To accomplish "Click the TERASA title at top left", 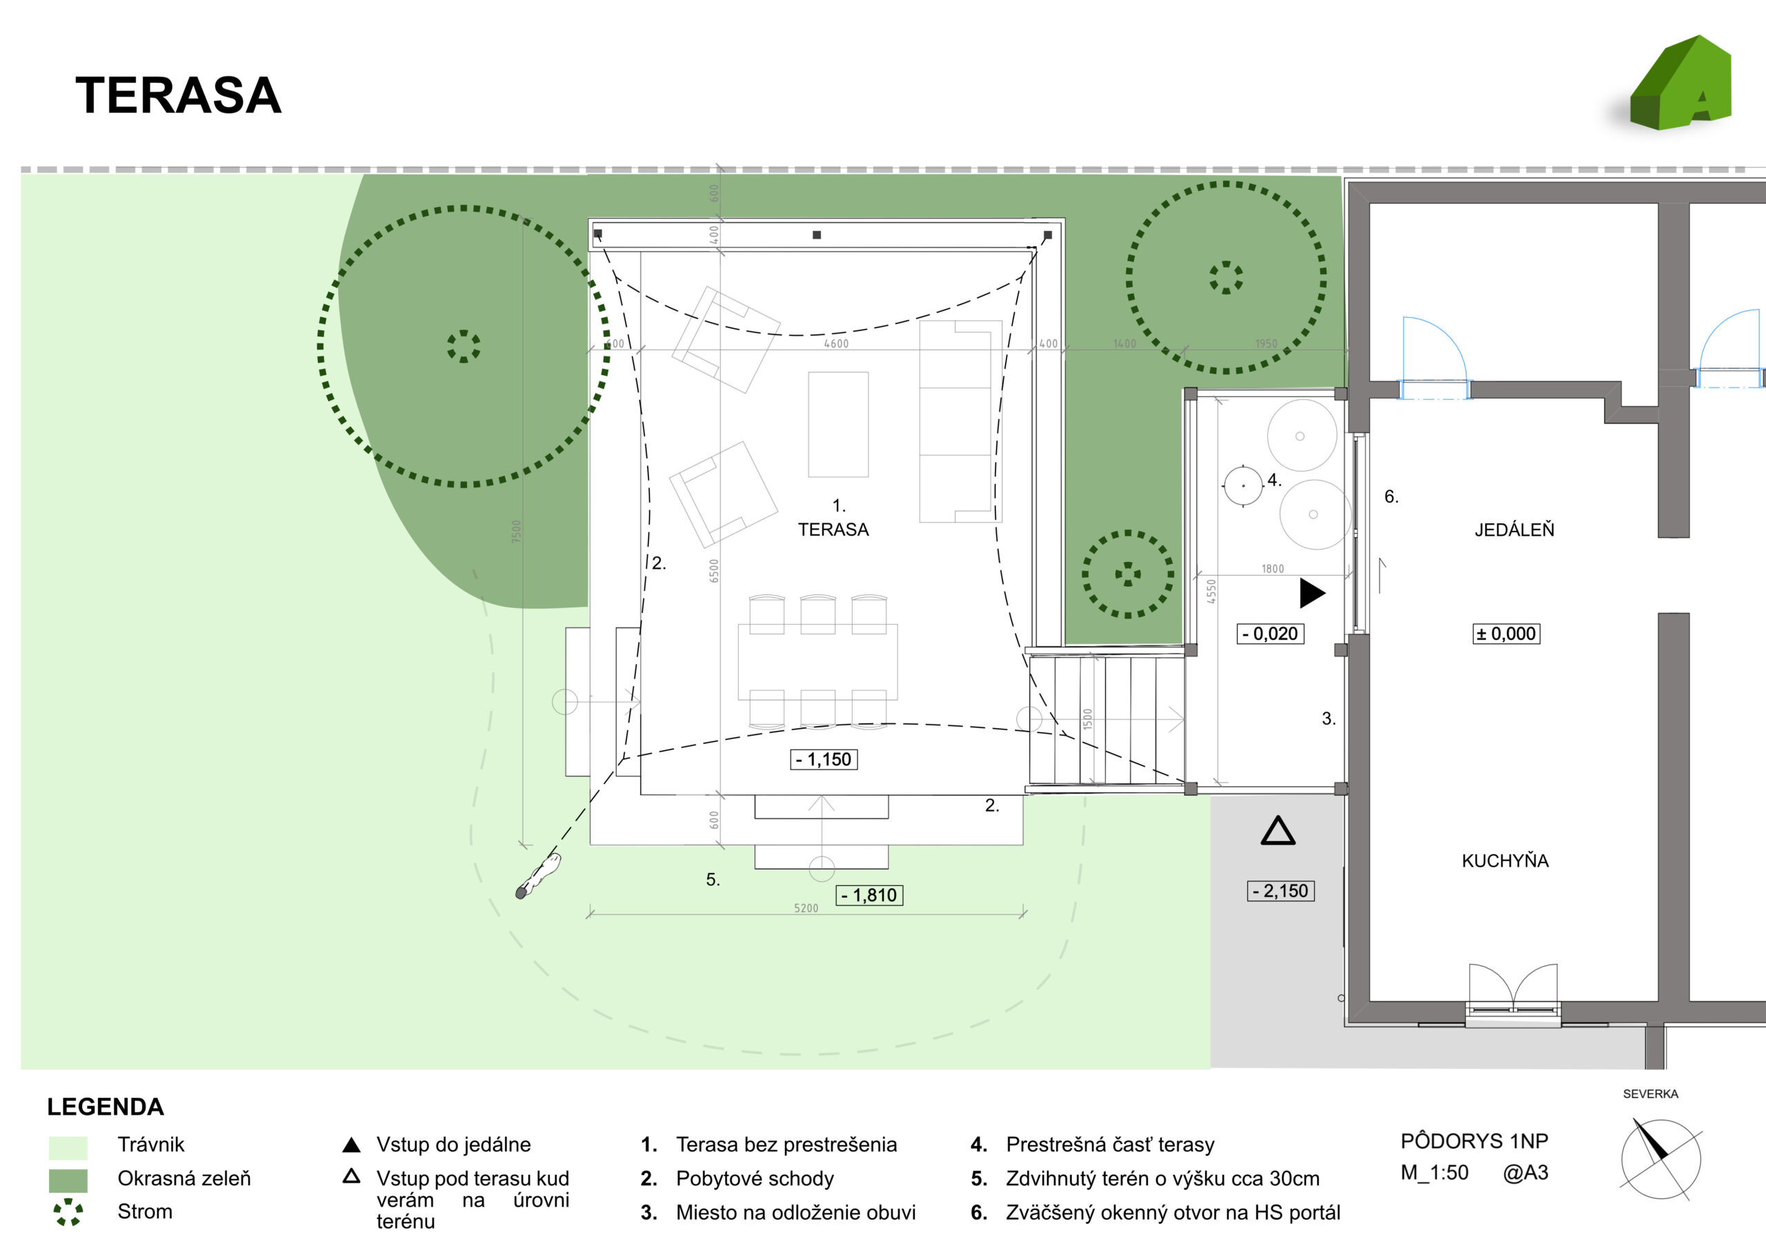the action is pyautogui.click(x=179, y=95).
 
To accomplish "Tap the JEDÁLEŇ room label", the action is pyautogui.click(x=1514, y=530).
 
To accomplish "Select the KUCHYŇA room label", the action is pyautogui.click(x=1505, y=860).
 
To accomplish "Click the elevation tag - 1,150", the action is pyautogui.click(x=824, y=760).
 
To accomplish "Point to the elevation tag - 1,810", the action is pyautogui.click(x=869, y=895).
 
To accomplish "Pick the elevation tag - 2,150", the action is pyautogui.click(x=1280, y=892).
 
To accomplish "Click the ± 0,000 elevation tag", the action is pyautogui.click(x=1506, y=634).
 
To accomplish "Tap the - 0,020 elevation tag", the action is pyautogui.click(x=1270, y=634).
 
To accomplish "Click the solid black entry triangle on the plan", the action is pyautogui.click(x=1311, y=593).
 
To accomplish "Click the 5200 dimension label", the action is pyautogui.click(x=806, y=908).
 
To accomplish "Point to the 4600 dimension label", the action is pyautogui.click(x=836, y=344).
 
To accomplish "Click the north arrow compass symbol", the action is pyautogui.click(x=1660, y=1160).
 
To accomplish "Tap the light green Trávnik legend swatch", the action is pyautogui.click(x=68, y=1147).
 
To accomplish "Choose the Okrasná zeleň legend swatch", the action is pyautogui.click(x=68, y=1180).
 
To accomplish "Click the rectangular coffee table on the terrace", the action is pyautogui.click(x=837, y=425).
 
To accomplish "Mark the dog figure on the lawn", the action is pyautogui.click(x=537, y=876).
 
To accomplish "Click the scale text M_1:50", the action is pyautogui.click(x=1433, y=1173).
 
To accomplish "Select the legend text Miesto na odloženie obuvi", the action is pyautogui.click(x=795, y=1213).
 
